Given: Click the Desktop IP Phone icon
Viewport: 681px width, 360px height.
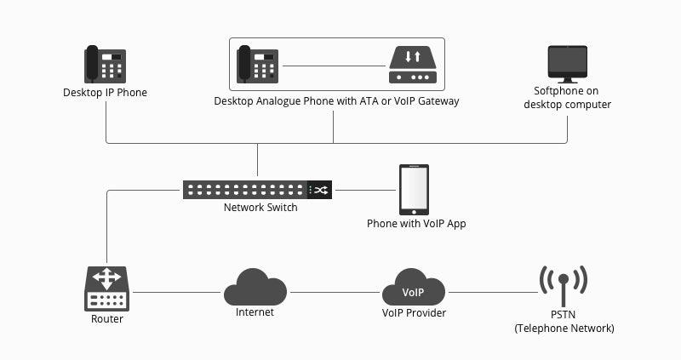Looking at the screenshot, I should click(105, 64).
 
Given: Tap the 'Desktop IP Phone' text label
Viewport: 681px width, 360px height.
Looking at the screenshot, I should click(105, 93).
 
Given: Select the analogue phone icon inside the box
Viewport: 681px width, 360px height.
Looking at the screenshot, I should click(257, 64).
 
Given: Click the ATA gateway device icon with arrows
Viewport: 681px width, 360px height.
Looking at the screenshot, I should click(412, 65).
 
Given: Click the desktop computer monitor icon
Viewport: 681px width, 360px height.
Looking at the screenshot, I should click(567, 63).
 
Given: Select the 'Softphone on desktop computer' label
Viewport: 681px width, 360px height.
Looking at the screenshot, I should click(567, 98).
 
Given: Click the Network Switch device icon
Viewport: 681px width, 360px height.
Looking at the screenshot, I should click(257, 190).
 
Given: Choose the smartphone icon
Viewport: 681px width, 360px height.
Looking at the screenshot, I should click(415, 190).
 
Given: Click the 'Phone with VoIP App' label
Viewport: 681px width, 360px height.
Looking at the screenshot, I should click(416, 224).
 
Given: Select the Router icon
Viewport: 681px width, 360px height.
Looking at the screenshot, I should click(106, 289).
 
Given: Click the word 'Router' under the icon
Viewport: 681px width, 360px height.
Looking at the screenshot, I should click(106, 319).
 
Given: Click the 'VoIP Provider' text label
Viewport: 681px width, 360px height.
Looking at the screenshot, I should click(414, 313).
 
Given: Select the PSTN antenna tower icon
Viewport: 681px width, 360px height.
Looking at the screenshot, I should click(564, 286).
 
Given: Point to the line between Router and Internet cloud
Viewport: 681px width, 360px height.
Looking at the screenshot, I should click(177, 292).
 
